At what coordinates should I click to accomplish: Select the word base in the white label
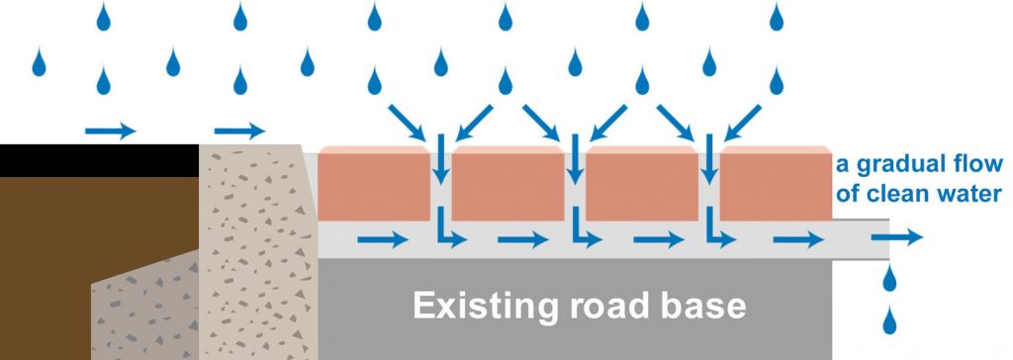(704, 307)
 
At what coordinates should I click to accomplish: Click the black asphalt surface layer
(99, 159)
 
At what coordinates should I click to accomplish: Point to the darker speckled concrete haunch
(148, 307)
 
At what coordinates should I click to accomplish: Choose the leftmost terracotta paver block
(374, 186)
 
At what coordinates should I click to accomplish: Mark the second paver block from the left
(507, 186)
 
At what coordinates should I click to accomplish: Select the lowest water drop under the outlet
(889, 319)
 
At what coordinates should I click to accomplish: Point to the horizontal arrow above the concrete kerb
(239, 130)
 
